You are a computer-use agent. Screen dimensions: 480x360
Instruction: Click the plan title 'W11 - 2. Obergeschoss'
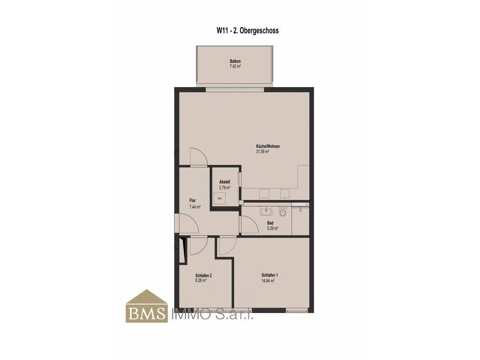point(247,30)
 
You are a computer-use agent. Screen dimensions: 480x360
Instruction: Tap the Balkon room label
point(235,61)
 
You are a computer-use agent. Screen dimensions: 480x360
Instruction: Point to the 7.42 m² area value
point(235,66)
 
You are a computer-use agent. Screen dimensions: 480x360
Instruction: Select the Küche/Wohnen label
point(268,146)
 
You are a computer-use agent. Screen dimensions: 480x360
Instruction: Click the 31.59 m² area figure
point(262,151)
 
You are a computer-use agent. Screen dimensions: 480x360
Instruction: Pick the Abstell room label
point(225,182)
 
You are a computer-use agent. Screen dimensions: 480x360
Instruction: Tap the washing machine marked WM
point(219,198)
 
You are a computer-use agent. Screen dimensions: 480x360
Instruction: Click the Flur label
point(193,201)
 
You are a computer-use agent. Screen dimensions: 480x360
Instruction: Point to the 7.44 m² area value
point(195,207)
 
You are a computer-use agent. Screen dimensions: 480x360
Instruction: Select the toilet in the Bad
point(283,212)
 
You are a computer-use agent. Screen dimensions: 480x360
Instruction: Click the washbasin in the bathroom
point(266,211)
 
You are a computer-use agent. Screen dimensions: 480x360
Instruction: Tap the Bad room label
point(270,223)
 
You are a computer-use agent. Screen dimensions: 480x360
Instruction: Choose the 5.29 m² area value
point(272,228)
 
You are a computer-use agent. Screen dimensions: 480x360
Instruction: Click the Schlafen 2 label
point(203,276)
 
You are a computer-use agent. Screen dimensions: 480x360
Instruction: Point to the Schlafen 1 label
point(270,275)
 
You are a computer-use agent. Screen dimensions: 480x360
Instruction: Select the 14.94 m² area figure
point(268,280)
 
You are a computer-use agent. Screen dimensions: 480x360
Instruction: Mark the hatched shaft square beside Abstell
point(241,202)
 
